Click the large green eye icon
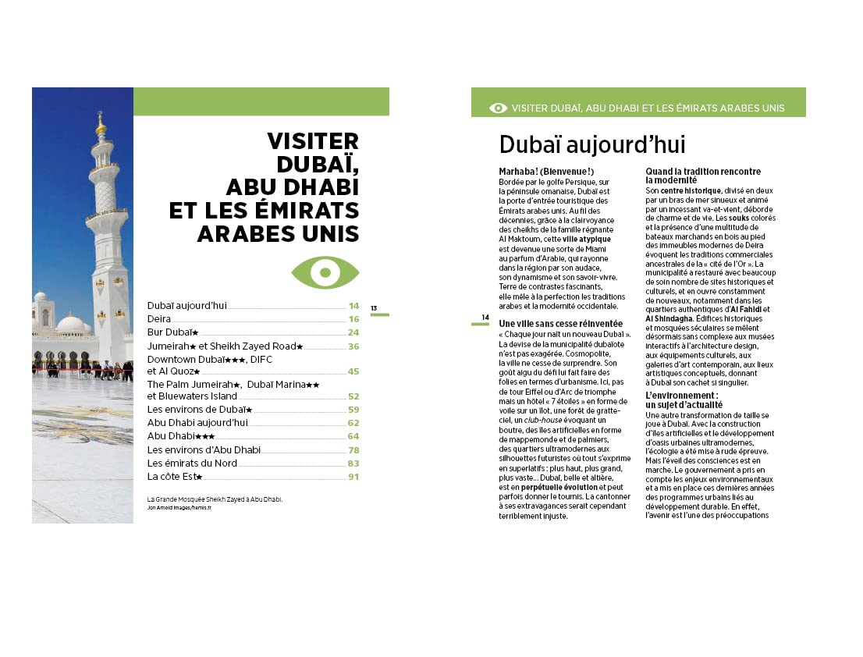point(325,272)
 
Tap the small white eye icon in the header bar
point(498,108)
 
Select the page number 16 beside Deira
point(353,319)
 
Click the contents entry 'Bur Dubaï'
point(172,332)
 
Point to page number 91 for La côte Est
point(353,477)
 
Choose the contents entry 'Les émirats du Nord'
point(192,463)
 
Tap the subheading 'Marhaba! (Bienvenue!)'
point(546,172)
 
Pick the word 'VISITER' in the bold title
point(313,141)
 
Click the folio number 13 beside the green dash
point(374,308)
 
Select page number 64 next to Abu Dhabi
point(353,436)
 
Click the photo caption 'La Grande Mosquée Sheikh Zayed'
point(215,499)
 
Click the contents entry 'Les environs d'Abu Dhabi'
point(204,450)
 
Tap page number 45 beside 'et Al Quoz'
point(353,371)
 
